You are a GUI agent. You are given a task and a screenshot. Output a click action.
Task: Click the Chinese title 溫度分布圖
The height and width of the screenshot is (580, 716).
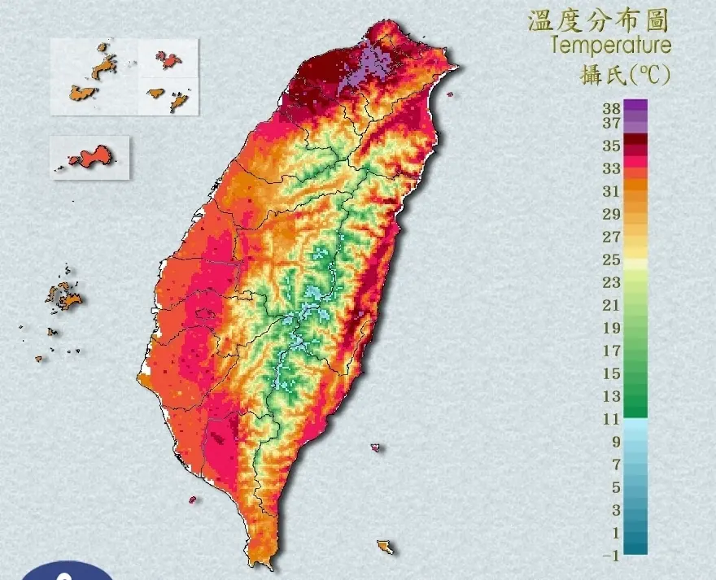click(x=599, y=20)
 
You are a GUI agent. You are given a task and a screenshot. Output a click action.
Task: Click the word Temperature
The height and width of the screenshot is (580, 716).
click(x=611, y=45)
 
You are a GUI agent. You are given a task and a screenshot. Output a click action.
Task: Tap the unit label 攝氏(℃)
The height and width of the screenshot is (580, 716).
click(x=625, y=76)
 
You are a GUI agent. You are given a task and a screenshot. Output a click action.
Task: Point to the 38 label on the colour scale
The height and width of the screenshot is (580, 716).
click(x=611, y=107)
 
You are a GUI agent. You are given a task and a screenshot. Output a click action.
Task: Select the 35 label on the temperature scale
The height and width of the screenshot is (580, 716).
click(x=611, y=146)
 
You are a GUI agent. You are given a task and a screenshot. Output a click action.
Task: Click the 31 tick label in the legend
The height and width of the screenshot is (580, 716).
click(x=611, y=192)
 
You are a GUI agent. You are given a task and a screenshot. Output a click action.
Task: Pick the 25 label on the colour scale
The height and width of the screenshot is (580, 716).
click(x=611, y=260)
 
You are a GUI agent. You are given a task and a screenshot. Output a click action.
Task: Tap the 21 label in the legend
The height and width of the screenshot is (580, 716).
click(x=611, y=306)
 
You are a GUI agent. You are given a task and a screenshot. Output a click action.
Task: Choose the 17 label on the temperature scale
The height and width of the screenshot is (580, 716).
click(x=611, y=351)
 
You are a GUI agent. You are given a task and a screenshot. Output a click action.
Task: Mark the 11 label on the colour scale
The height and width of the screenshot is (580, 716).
click(x=611, y=420)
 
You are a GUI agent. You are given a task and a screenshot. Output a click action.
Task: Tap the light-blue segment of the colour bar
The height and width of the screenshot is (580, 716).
click(x=636, y=430)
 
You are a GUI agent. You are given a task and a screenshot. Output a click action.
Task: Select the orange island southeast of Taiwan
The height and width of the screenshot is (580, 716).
click(x=385, y=546)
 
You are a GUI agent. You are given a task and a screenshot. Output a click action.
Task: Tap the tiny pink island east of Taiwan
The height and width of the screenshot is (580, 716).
click(x=375, y=447)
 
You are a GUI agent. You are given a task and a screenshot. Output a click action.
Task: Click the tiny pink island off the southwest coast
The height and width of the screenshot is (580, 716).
click(x=193, y=499)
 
